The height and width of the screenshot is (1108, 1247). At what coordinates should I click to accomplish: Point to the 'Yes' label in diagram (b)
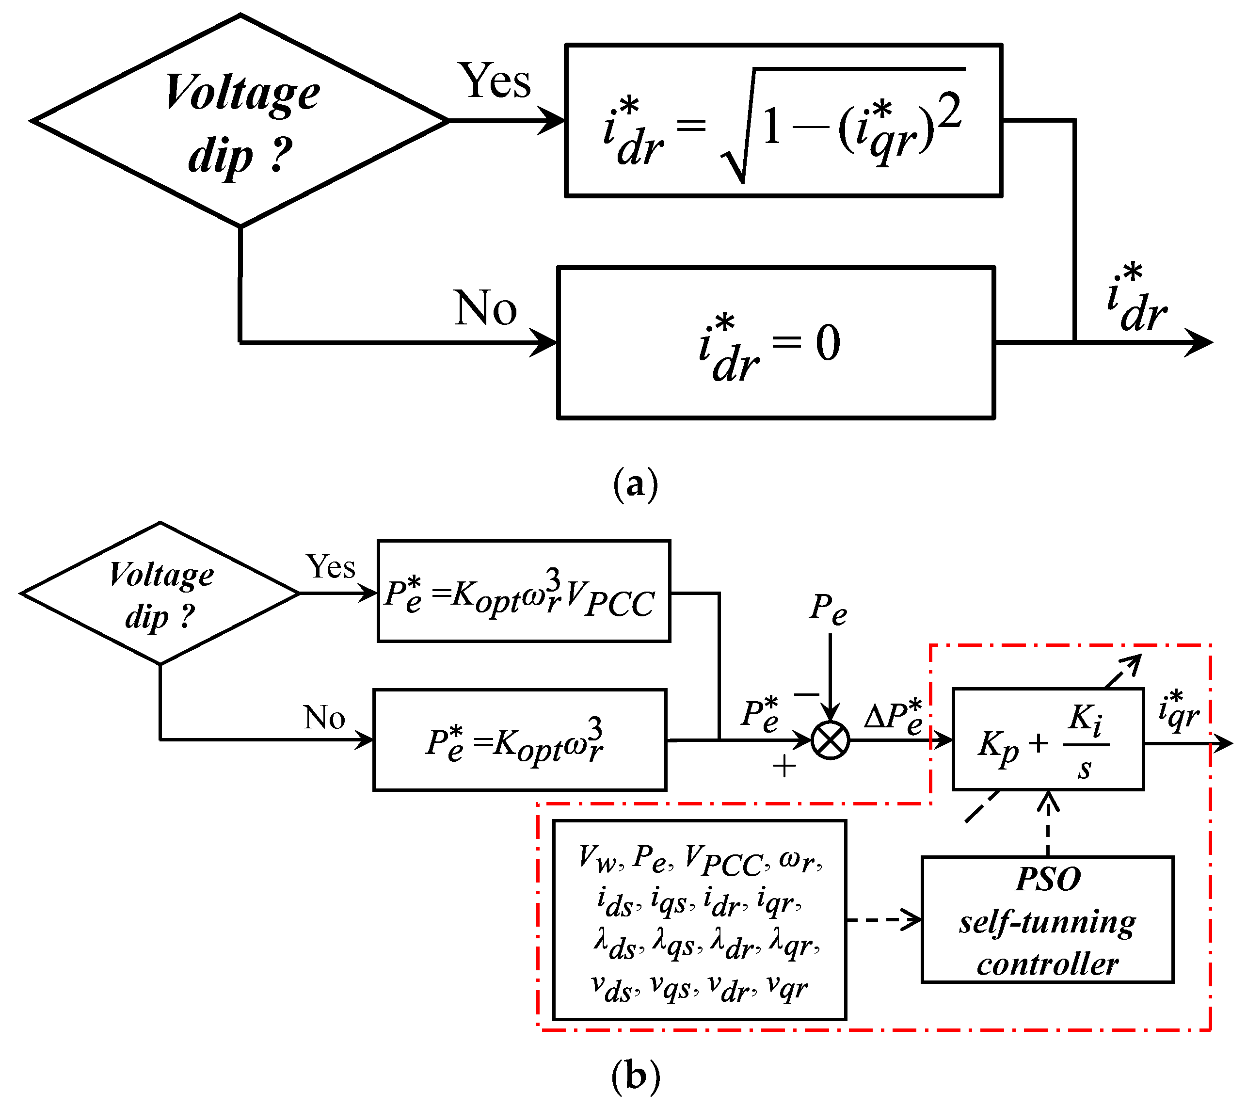330,567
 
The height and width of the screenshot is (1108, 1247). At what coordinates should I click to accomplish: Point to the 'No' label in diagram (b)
324,718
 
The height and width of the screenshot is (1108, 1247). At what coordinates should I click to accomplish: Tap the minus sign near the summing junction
806,694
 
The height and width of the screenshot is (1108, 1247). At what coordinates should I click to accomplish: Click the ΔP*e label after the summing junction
894,718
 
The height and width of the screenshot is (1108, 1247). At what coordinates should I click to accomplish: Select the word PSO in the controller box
1048,879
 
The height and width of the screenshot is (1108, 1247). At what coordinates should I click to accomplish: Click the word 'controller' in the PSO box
1048,964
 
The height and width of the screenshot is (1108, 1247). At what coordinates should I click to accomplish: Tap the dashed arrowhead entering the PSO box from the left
914,919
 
